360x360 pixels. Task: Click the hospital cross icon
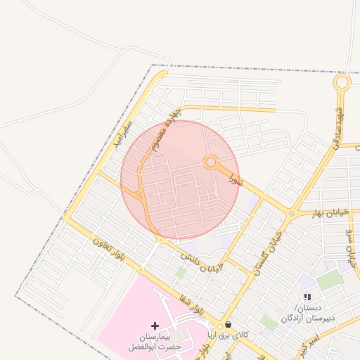[x=155, y=326]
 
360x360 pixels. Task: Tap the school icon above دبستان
[x=307, y=297]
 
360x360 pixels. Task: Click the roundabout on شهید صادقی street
[x=342, y=83]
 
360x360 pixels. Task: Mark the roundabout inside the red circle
[x=210, y=162]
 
